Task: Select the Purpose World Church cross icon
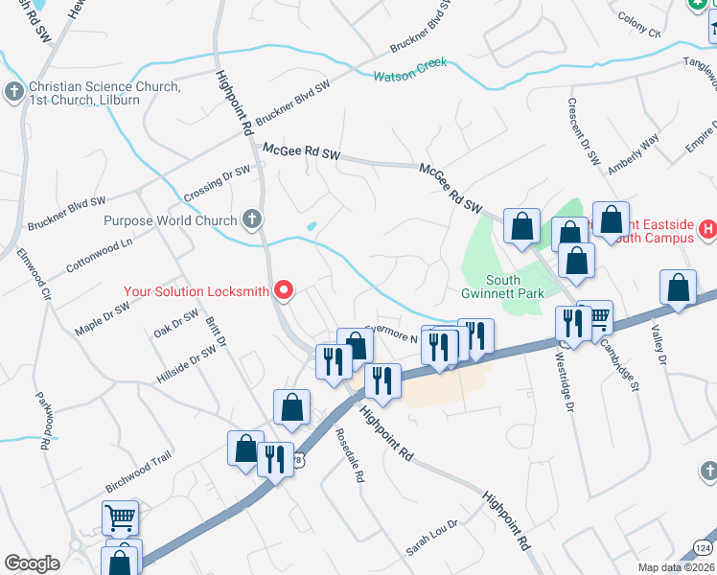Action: (252, 220)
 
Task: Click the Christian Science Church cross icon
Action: (14, 91)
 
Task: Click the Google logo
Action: (32, 563)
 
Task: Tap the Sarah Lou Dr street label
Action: (432, 538)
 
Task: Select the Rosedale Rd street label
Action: (352, 455)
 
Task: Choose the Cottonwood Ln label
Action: (99, 252)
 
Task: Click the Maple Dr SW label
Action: (102, 320)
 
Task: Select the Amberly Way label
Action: (634, 153)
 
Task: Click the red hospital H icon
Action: (708, 229)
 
